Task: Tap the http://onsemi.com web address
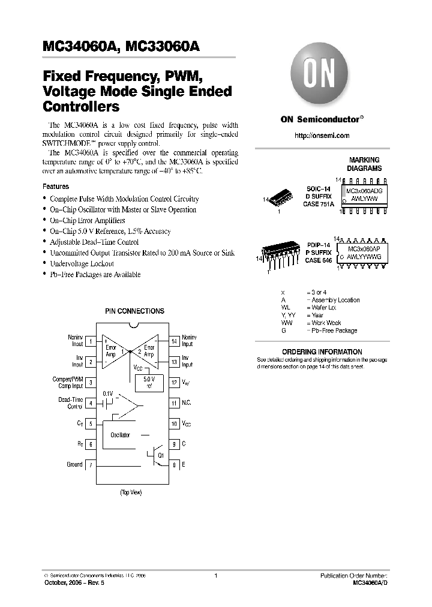click(322, 136)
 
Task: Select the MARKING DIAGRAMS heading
click(365, 164)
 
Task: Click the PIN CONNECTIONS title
click(134, 311)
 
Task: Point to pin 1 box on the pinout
click(90, 341)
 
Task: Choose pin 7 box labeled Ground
click(90, 465)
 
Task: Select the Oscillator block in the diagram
click(121, 435)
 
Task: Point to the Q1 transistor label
click(160, 455)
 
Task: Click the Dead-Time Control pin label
click(70, 403)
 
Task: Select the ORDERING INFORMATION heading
click(322, 351)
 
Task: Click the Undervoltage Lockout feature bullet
click(82, 263)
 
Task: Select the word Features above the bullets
click(55, 187)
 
